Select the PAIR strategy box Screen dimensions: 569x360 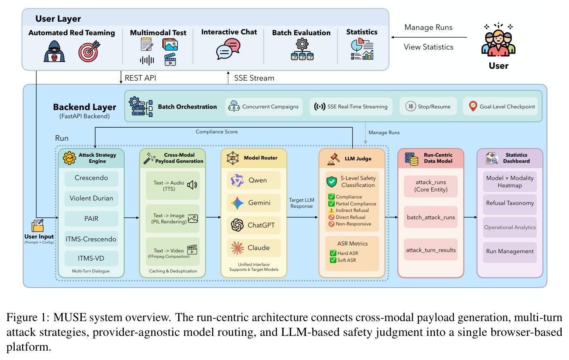click(91, 218)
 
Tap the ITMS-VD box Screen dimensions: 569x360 click(91, 258)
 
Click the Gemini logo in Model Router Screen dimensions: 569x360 click(237, 203)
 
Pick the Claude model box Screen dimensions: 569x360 click(254, 248)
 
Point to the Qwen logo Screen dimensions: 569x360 click(237, 180)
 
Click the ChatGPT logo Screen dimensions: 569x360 click(237, 225)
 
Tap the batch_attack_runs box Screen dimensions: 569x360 click(431, 217)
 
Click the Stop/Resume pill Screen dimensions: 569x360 click(428, 106)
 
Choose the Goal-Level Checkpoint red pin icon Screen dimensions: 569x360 click(473, 106)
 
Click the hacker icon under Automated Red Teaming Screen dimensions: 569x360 click(54, 51)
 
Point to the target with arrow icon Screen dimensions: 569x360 click(90, 51)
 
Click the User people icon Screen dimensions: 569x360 click(498, 40)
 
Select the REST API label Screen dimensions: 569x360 click(141, 78)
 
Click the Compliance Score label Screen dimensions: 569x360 click(217, 132)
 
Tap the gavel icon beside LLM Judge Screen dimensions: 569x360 click(334, 159)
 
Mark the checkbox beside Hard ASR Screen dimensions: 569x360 click(333, 253)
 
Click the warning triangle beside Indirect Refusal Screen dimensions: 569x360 click(331, 211)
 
